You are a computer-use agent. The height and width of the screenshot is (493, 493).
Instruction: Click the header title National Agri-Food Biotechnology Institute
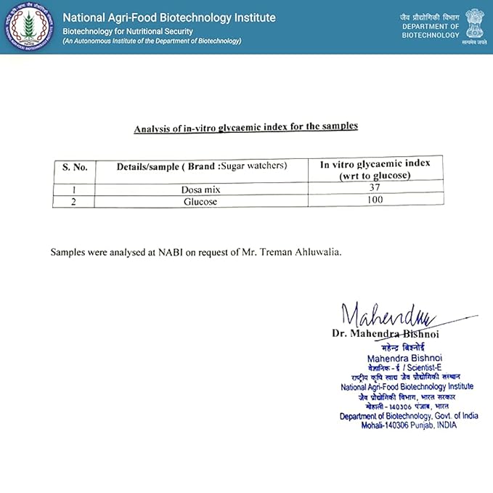point(169,17)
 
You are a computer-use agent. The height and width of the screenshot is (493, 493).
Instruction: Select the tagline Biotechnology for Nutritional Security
point(128,31)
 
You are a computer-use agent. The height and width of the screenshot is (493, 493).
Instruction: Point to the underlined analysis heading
point(245,128)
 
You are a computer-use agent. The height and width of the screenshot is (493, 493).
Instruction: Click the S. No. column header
point(74,167)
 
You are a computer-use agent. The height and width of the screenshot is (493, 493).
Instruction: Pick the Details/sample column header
point(202,166)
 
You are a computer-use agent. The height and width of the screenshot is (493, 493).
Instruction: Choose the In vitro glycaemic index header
point(375,169)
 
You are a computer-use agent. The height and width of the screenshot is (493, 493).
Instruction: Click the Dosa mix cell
point(200,189)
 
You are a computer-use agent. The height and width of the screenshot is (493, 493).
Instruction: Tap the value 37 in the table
point(375,187)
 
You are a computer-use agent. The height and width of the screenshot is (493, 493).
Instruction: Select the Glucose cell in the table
point(200,201)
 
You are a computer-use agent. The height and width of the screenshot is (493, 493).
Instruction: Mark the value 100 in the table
point(375,200)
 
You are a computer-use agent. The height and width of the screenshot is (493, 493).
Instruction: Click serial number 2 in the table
point(73,201)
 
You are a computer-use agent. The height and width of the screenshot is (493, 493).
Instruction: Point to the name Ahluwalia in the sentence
point(313,252)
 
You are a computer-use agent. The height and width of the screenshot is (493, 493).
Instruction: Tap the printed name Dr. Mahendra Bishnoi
point(385,334)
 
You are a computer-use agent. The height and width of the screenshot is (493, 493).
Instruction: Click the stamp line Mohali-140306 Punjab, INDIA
point(410,425)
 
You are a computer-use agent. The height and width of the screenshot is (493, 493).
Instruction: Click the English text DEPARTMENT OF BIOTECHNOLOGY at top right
point(431,30)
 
